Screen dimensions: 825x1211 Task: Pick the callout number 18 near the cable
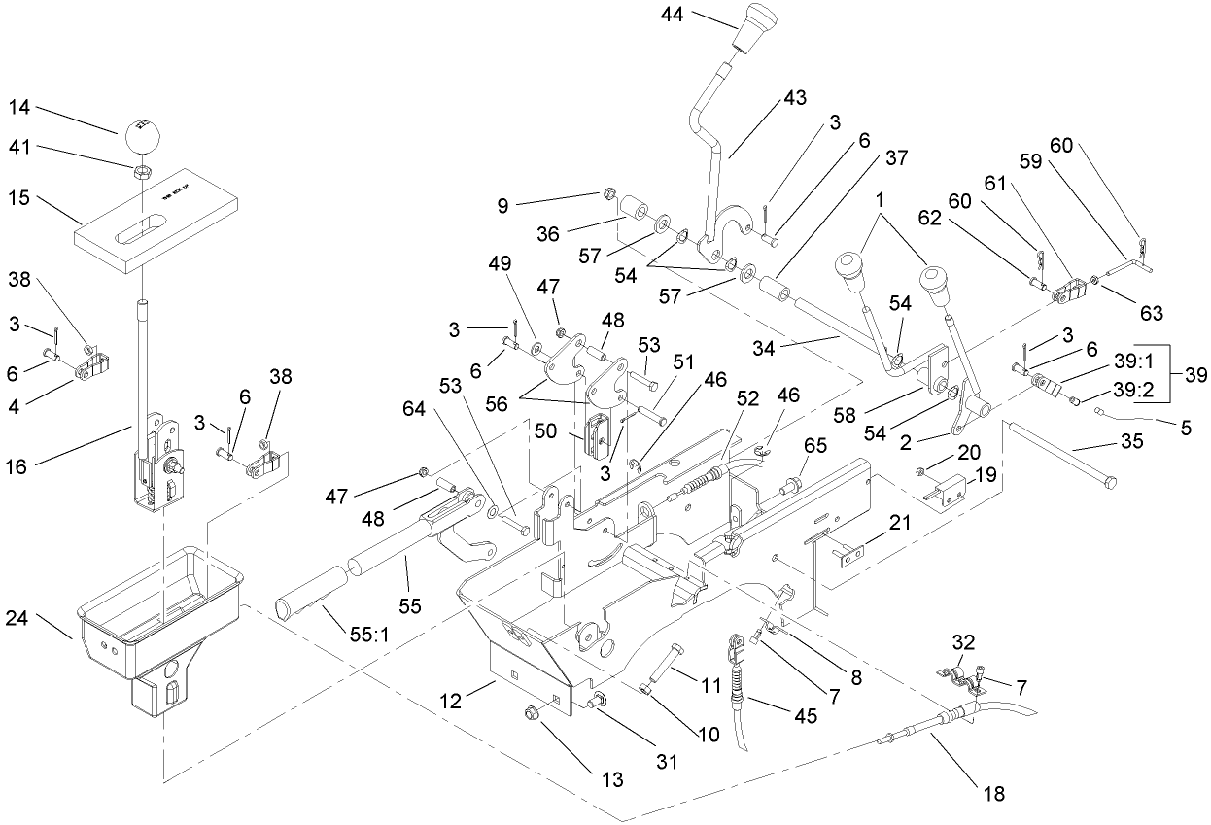click(x=991, y=794)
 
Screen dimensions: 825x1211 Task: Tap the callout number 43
click(x=796, y=98)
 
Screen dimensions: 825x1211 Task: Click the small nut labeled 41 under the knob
click(x=140, y=170)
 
